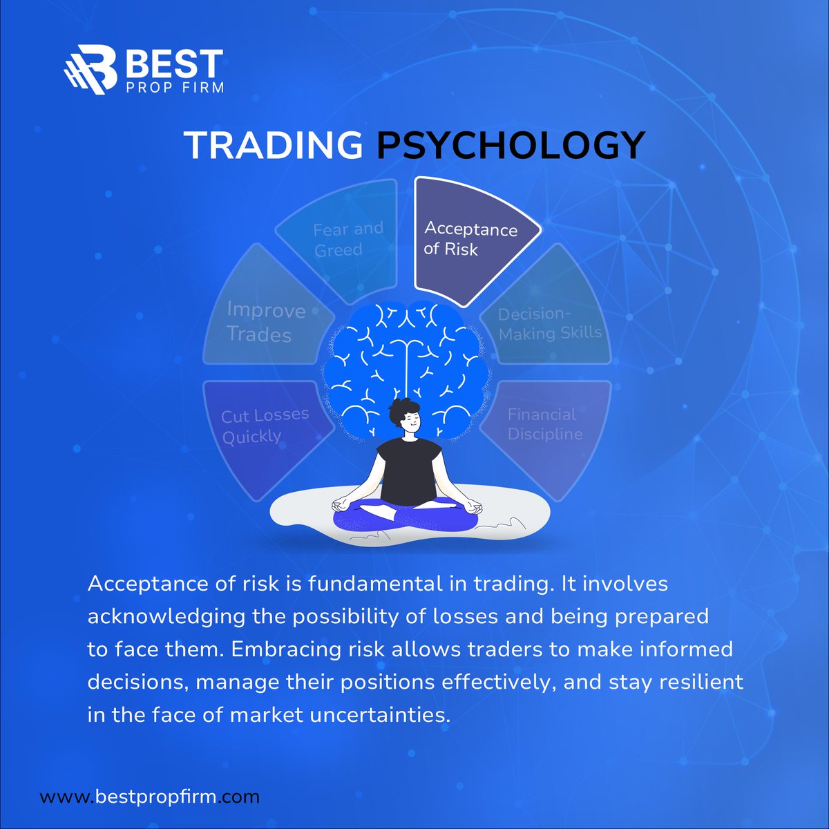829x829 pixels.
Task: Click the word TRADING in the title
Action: tap(274, 145)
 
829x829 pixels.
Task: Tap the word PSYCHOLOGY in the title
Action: tap(511, 145)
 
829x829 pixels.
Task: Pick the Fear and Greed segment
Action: tap(345, 238)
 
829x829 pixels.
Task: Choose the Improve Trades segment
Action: tap(265, 322)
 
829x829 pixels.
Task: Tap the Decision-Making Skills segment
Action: tap(550, 324)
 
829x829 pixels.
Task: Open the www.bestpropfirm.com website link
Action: tap(150, 797)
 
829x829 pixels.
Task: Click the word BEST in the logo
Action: tap(173, 65)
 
